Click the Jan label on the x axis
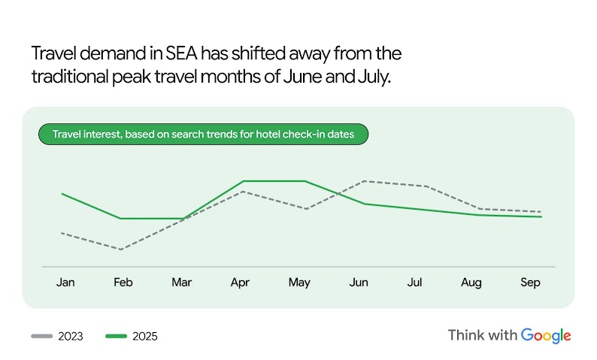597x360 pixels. click(65, 283)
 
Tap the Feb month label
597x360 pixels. click(123, 283)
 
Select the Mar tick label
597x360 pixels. click(181, 283)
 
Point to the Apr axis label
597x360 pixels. click(240, 283)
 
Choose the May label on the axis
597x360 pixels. click(299, 283)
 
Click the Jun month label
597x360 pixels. click(359, 283)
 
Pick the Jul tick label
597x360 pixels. click(414, 283)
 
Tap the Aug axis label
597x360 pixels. click(471, 283)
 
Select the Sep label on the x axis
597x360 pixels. click(530, 283)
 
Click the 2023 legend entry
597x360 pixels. click(57, 336)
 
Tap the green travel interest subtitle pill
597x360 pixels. click(203, 135)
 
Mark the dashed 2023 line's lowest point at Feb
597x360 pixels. click(120, 249)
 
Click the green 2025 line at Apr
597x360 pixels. click(244, 181)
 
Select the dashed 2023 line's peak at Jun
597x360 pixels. click(364, 181)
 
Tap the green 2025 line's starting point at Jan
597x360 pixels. click(62, 194)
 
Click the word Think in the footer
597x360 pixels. click(465, 335)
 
